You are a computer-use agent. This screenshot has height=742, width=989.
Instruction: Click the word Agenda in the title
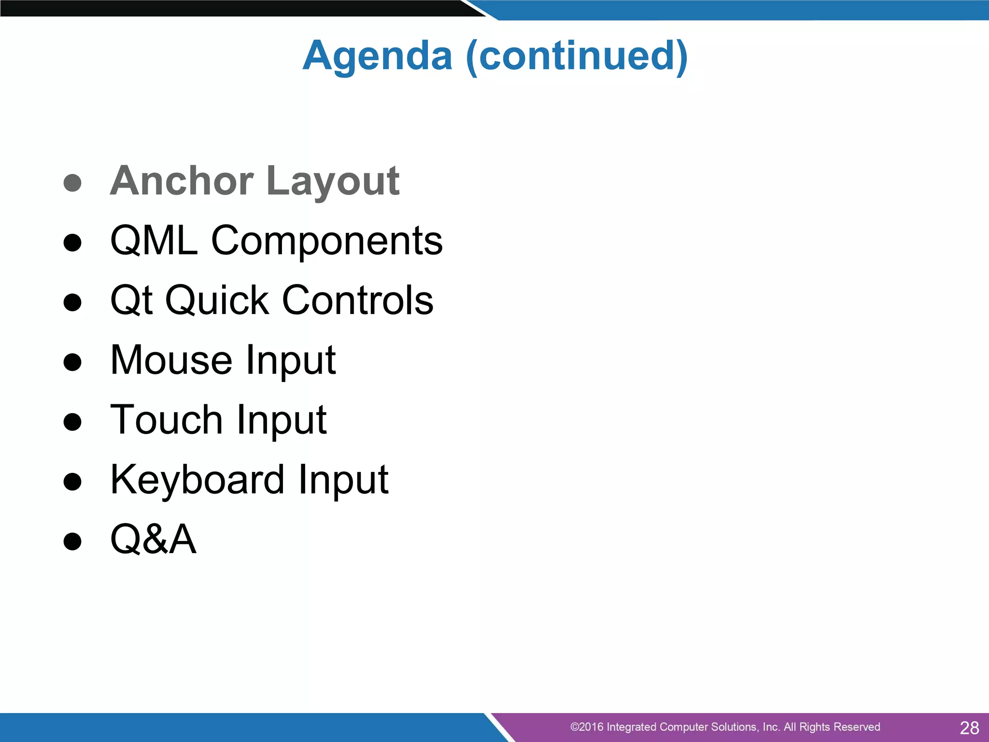(377, 56)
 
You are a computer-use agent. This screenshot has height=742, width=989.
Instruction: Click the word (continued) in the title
(577, 56)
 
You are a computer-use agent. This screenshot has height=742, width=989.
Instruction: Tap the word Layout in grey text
(333, 182)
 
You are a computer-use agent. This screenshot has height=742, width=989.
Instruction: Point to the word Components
(326, 241)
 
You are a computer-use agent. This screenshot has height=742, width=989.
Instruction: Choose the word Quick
(217, 300)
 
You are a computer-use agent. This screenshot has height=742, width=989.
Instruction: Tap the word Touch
(166, 420)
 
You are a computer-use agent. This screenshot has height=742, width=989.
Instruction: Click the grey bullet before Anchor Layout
(72, 183)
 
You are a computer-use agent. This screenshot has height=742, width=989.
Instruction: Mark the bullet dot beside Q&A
(72, 542)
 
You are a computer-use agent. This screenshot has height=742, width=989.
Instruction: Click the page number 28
(969, 728)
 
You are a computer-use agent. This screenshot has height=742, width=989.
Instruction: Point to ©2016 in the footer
(587, 727)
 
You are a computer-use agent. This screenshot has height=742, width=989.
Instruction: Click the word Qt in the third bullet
(131, 300)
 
